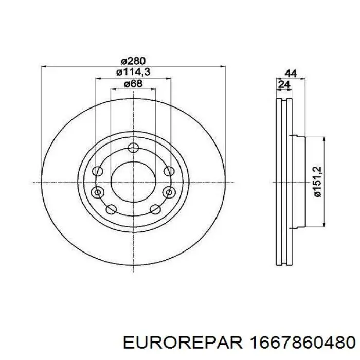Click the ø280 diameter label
point(133,61)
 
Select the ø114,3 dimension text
point(133,73)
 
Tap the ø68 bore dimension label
point(133,84)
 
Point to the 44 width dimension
point(291,74)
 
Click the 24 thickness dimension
point(283,85)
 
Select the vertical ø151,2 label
point(317,182)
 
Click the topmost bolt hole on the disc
point(133,149)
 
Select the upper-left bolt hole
point(97,172)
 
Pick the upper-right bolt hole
point(169,172)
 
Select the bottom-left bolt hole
point(111,209)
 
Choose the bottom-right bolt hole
point(155,209)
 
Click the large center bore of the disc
point(133,182)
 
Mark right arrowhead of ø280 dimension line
point(223,66)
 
